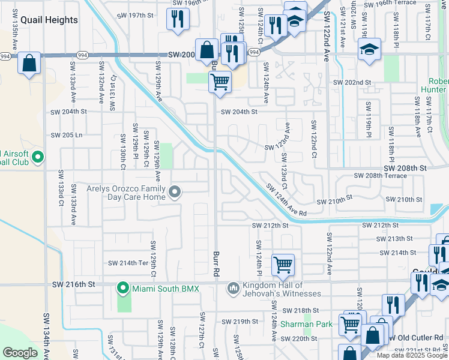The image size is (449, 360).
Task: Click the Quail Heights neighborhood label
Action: point(49,20)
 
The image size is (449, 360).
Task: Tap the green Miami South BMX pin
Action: point(124,289)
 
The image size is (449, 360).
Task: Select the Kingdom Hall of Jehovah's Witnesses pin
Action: point(234,289)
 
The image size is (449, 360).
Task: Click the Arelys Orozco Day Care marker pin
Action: point(175,192)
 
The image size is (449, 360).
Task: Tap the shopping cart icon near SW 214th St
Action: point(282,264)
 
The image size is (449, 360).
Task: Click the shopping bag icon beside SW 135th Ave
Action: point(29,64)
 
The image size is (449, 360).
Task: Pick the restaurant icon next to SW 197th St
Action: point(178,19)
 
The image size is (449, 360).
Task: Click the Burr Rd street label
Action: point(215,263)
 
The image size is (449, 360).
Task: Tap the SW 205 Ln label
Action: point(66,135)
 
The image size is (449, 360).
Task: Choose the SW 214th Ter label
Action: point(127,263)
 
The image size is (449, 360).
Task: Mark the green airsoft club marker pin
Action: point(38,158)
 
